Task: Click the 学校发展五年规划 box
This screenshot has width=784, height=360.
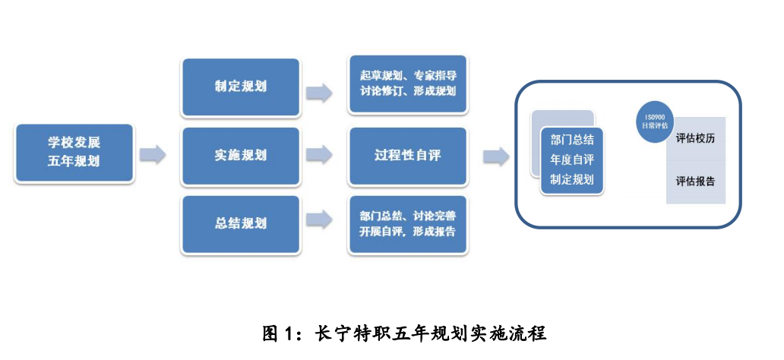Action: [74, 152]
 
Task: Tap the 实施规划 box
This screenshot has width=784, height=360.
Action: [240, 156]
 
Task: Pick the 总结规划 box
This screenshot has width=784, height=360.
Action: [240, 223]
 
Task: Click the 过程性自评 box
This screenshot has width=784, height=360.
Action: [407, 156]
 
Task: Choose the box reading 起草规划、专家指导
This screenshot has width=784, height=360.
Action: [407, 84]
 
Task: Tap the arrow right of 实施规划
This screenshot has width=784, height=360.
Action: [318, 155]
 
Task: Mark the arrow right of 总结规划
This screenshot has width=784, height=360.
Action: [318, 219]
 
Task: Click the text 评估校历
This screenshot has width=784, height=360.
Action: [695, 140]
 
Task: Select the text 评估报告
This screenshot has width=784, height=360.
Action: [695, 182]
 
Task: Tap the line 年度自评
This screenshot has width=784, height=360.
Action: [571, 159]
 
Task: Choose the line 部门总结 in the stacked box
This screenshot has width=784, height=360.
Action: [571, 141]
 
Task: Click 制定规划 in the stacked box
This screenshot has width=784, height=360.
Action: [571, 179]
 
